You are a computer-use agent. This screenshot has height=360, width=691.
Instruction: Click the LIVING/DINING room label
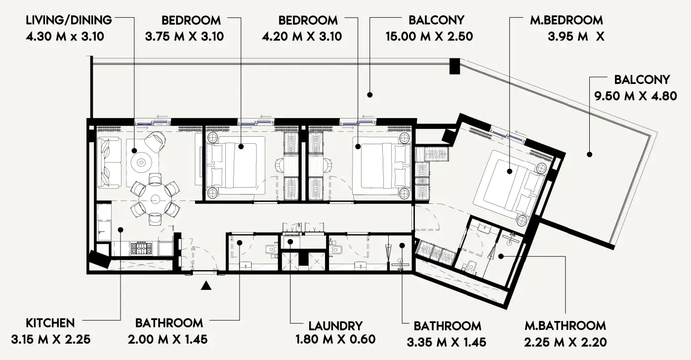pos(69,20)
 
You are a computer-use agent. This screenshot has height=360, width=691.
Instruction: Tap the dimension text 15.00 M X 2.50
pos(430,37)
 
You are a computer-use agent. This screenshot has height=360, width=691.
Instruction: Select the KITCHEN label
pos(50,323)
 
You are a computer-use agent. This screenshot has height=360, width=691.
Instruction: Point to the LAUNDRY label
pos(335,326)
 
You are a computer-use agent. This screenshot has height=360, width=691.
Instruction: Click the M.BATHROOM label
pos(565,325)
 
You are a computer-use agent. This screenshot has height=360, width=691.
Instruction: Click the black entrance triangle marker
pos(206,285)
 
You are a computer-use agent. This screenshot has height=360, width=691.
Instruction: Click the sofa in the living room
pos(109,162)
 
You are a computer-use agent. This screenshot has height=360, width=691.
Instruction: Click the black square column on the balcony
pos(454,66)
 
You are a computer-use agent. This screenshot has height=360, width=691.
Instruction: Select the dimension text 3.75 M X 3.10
pos(184,37)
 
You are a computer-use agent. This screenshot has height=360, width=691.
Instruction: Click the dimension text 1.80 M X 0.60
pos(335,340)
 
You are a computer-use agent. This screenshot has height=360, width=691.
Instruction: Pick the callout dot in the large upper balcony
pos(369,94)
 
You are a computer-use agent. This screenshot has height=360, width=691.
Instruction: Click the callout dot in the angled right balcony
pos(589,155)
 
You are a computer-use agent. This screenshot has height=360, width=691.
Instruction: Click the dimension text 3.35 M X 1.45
pos(447,342)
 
